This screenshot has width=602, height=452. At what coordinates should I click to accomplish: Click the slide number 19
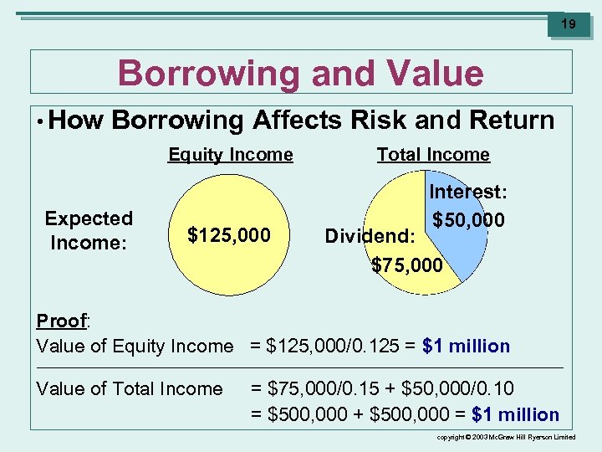point(568,24)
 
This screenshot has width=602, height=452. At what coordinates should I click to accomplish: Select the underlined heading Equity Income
point(231,155)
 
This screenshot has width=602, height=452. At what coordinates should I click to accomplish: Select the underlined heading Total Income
point(433,155)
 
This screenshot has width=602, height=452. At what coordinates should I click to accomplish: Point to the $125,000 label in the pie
point(229,236)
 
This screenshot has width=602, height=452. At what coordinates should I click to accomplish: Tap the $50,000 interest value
point(468,220)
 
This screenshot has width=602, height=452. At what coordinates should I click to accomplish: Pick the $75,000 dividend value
point(407,265)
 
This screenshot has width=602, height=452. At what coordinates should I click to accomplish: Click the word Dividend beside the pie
point(369,237)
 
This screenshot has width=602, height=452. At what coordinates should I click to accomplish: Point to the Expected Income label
point(89,231)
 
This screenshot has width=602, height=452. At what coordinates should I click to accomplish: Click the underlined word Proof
point(62,321)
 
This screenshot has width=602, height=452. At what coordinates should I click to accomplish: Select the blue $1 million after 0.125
point(467,347)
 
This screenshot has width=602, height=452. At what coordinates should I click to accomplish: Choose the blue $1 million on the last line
point(516,414)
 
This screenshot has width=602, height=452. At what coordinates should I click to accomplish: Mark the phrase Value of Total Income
point(130,389)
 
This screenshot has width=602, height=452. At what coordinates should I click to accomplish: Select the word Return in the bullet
point(512,121)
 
